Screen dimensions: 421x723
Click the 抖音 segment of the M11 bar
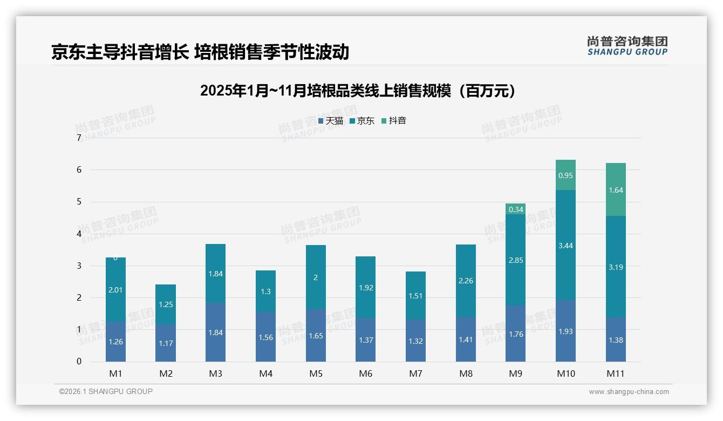click(616, 189)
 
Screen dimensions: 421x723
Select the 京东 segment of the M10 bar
click(565, 245)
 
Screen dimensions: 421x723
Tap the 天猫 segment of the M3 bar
click(215, 332)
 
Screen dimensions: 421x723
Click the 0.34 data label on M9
click(516, 209)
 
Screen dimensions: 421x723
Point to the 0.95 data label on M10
click(565, 175)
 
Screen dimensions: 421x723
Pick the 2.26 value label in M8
click(466, 280)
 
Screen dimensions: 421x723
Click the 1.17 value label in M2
click(166, 343)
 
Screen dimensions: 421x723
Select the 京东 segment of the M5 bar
click(316, 277)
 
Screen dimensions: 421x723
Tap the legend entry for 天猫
click(331, 121)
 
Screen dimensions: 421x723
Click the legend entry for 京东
click(362, 121)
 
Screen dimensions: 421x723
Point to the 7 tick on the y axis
click(79, 138)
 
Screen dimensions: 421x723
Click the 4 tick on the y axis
click(79, 234)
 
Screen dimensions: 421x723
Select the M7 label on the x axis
click(415, 374)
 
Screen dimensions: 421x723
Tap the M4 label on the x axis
click(265, 374)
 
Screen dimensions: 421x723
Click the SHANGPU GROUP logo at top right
click(627, 46)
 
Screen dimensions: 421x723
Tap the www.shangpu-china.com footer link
click(629, 392)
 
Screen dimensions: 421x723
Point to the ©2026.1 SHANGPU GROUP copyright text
click(106, 391)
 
